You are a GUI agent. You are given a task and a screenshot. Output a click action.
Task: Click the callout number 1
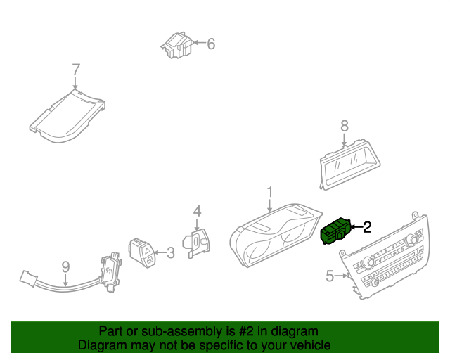tap(269, 191)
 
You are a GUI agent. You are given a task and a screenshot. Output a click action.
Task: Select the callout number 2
tap(366, 226)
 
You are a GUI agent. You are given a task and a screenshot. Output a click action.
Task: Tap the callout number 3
tap(169, 252)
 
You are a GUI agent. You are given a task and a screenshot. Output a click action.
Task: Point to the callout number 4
tap(198, 210)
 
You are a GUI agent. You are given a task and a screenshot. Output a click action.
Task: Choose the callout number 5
tap(330, 276)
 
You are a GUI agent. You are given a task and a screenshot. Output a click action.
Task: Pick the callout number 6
tap(210, 44)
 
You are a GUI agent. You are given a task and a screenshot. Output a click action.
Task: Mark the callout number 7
tap(76, 69)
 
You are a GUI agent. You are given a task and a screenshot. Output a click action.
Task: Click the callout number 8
tap(344, 126)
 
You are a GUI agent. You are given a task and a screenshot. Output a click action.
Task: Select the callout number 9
tap(65, 266)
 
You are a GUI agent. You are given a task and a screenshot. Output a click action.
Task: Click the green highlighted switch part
tap(336, 231)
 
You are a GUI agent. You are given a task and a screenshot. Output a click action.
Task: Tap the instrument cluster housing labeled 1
tap(274, 239)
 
